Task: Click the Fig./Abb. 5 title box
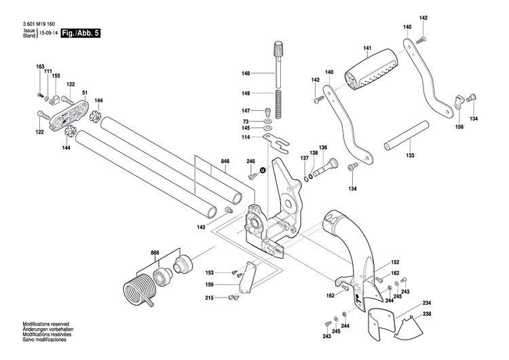tap(80, 32)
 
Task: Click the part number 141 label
tap(367, 48)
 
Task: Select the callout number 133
tap(410, 156)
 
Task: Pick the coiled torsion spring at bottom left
tap(139, 283)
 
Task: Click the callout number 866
tap(155, 253)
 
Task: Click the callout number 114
tap(245, 137)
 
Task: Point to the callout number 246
tap(250, 161)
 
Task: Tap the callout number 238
tap(427, 313)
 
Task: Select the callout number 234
tap(427, 302)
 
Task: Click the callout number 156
tap(459, 127)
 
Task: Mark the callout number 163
tap(40, 66)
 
